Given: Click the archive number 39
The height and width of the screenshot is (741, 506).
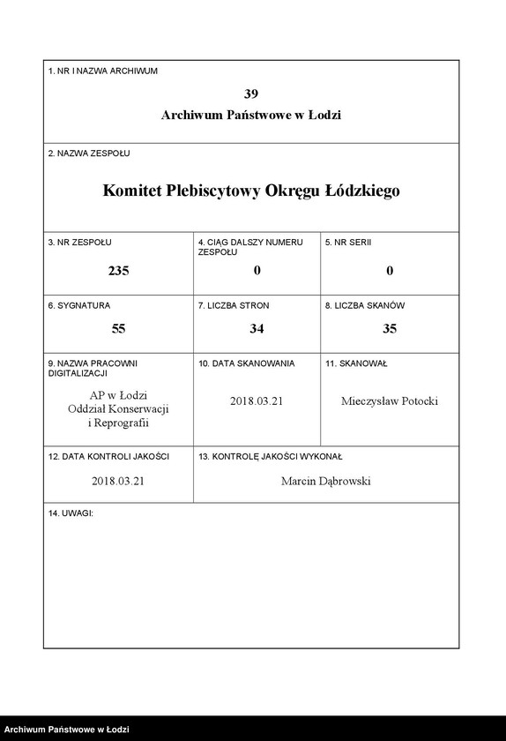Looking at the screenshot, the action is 251,93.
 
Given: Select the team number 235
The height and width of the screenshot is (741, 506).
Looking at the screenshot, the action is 118,271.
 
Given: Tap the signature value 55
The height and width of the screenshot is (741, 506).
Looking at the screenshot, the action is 118,328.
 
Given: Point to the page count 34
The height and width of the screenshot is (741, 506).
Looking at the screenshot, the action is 257,328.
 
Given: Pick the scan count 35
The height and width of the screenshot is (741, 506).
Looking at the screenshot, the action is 389,328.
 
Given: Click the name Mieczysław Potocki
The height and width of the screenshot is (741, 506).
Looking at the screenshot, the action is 389,401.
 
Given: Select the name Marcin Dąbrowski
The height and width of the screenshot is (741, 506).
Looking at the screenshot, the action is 325,482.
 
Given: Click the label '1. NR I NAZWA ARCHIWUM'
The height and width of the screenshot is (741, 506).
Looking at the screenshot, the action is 102,71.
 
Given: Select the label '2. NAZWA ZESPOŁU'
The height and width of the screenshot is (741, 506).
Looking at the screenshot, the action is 89,153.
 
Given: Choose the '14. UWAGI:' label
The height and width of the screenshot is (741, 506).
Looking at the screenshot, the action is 71,513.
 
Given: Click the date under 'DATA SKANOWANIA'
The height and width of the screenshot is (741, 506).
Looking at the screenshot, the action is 257,401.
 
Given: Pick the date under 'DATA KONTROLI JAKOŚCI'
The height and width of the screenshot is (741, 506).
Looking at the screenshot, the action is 118,482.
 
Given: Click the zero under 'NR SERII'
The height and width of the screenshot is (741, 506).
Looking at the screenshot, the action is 389,271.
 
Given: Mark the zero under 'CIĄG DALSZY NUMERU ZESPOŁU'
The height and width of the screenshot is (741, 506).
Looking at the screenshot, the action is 257,271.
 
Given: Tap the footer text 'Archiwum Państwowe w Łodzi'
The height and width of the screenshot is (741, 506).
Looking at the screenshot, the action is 67,730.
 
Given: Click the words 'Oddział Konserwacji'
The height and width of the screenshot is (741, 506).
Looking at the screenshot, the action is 118,409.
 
